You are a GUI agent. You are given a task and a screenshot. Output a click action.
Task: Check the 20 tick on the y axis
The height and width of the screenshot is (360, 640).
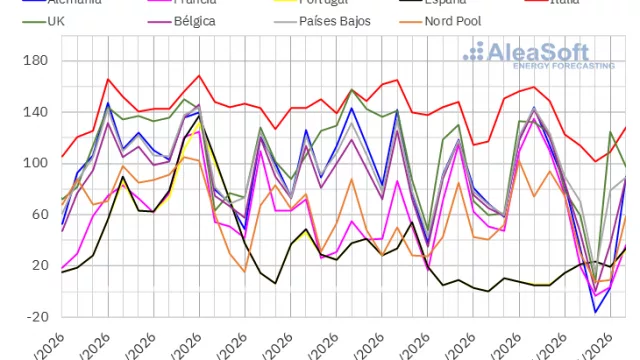[x=38, y=265]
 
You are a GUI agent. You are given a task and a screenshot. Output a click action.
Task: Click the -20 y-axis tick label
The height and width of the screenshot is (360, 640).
[x=35, y=316]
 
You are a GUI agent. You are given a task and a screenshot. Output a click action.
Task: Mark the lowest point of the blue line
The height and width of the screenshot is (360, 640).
[x=596, y=312]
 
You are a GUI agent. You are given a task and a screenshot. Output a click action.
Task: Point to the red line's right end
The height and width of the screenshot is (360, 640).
[x=626, y=127]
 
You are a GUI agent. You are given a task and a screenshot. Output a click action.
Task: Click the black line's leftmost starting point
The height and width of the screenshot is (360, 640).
[x=62, y=272]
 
